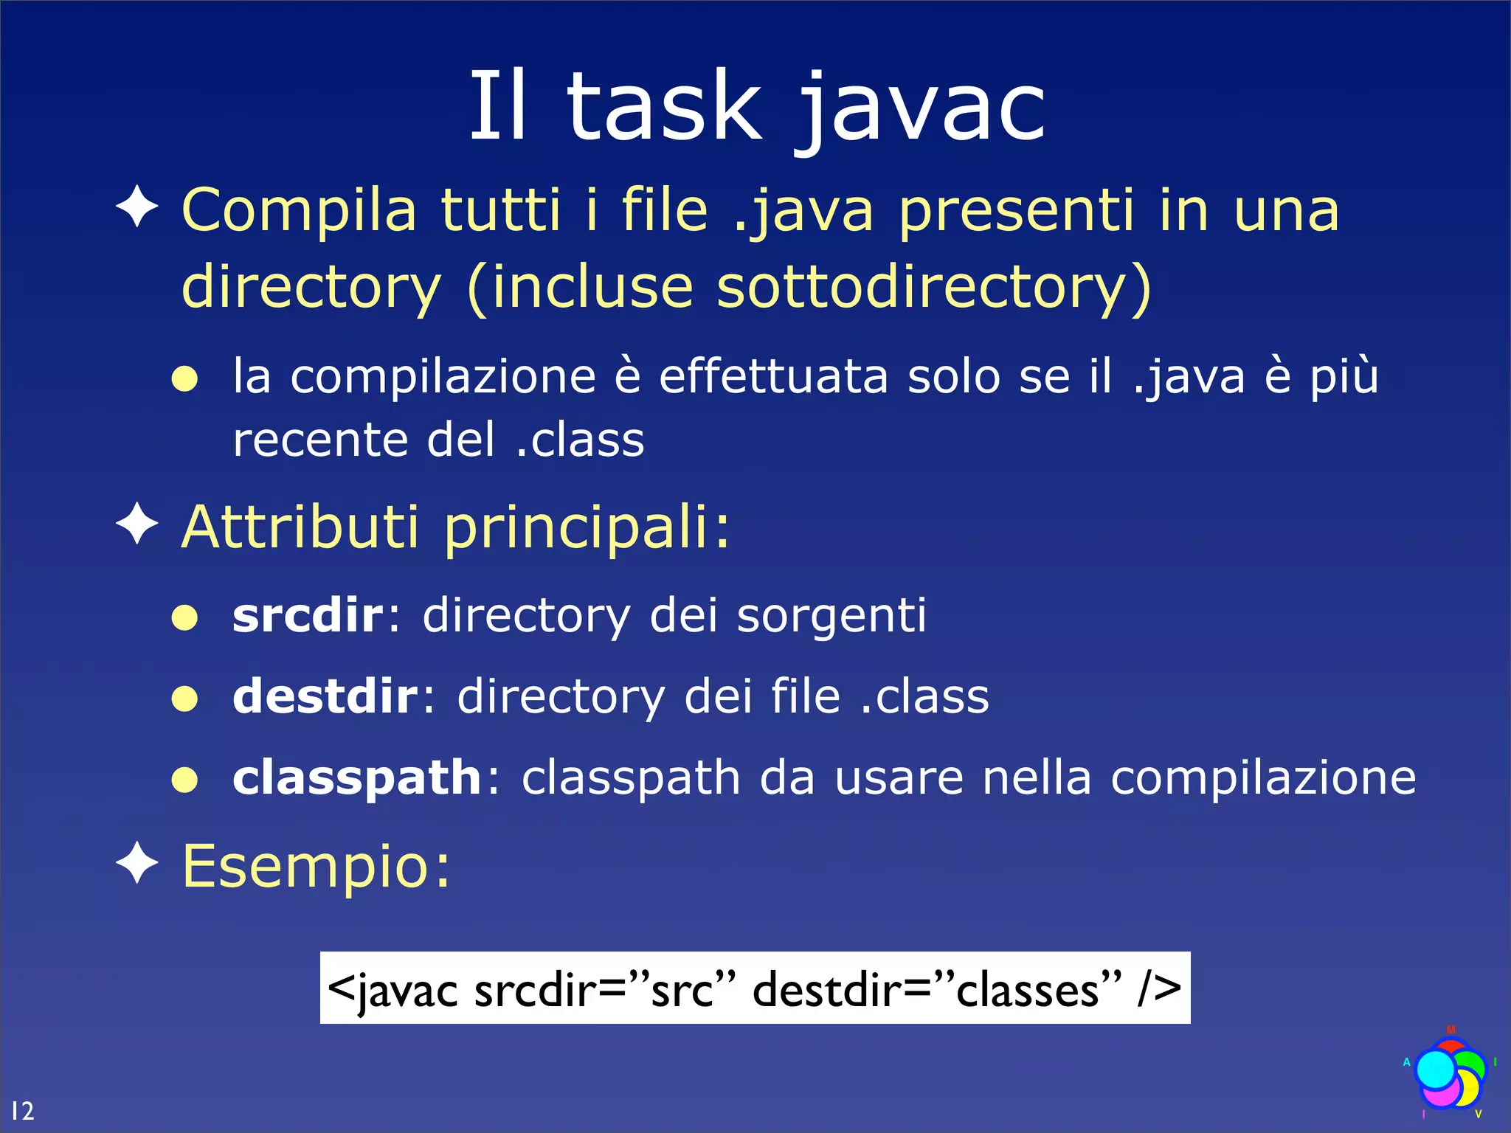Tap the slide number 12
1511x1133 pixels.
(x=22, y=1110)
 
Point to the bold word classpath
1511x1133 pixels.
(x=357, y=777)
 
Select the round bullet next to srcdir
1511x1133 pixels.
(x=184, y=617)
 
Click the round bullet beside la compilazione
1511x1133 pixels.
(x=184, y=379)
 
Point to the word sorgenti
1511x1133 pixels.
(x=831, y=616)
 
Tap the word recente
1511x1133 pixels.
(x=320, y=440)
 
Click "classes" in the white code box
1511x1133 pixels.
(x=1028, y=989)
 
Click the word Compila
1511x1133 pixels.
(x=300, y=210)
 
